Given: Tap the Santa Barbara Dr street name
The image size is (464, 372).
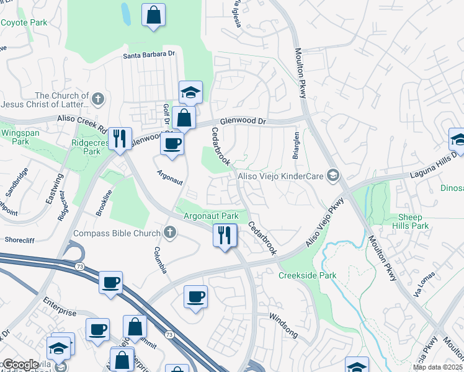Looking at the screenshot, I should (149, 55).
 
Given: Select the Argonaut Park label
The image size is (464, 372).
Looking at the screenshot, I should (211, 215).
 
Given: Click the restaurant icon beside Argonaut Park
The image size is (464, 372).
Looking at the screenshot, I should (225, 235).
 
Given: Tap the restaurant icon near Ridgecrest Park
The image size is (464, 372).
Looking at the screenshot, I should (118, 139).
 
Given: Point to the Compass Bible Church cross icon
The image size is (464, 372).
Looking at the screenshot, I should (170, 233).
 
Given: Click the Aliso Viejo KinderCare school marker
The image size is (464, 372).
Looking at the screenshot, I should (334, 177).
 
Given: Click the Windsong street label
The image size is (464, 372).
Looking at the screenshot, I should (283, 325).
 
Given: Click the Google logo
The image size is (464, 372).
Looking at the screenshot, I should (20, 365).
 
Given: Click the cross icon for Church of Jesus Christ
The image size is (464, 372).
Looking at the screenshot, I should (97, 99).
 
